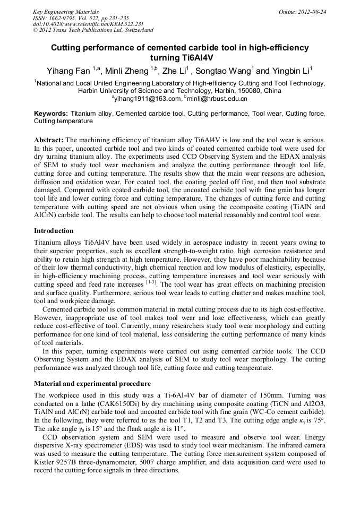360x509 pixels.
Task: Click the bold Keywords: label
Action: (x=51, y=114)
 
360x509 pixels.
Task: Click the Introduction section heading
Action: (x=54, y=231)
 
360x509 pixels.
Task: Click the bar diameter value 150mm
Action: (x=301, y=395)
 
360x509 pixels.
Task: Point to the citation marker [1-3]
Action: (x=150, y=283)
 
